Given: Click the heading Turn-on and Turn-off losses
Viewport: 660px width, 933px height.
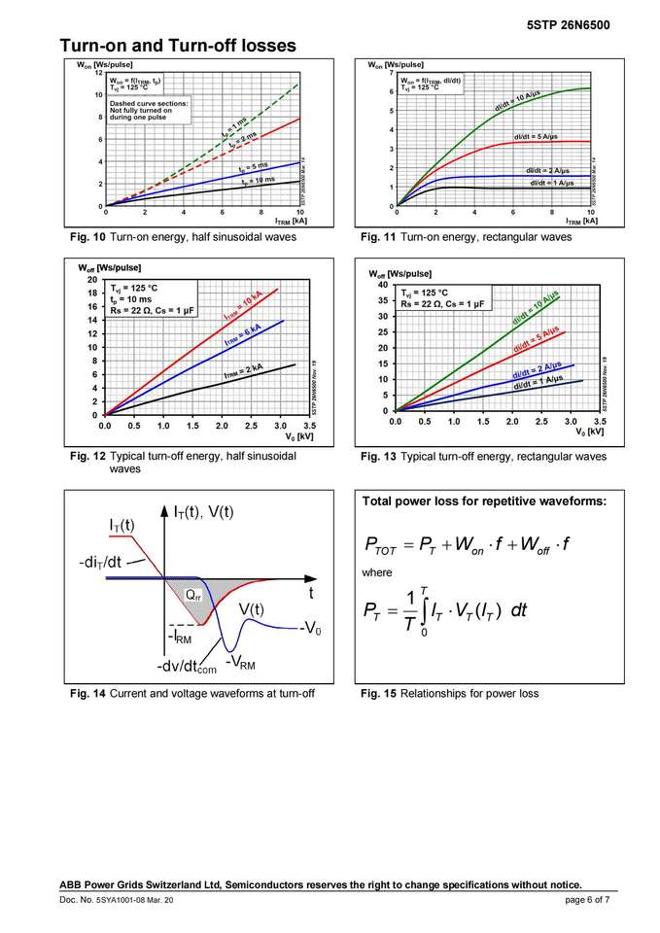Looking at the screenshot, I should click(x=178, y=46).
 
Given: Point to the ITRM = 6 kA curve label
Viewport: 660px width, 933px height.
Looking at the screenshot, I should click(x=243, y=336).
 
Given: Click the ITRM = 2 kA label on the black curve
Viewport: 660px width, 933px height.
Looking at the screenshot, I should click(x=244, y=372).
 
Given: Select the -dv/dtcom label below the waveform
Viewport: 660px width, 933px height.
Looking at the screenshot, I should click(x=186, y=669).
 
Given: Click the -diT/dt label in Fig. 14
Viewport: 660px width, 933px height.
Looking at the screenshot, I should click(x=101, y=563).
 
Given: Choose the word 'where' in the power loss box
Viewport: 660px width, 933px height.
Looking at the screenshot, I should click(x=377, y=573).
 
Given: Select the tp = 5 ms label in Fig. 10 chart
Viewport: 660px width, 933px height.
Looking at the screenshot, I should click(x=254, y=167).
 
